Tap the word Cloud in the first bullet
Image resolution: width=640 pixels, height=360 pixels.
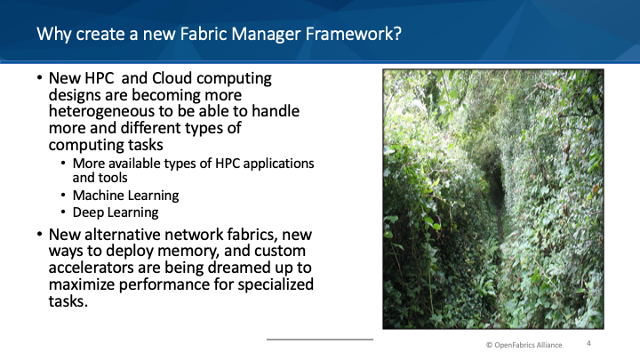pyautogui.click(x=172, y=78)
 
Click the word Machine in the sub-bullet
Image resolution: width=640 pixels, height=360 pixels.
pyautogui.click(x=95, y=196)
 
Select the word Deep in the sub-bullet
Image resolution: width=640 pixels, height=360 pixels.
pyautogui.click(x=87, y=212)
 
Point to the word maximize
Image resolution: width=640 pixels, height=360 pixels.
pyautogui.click(x=82, y=284)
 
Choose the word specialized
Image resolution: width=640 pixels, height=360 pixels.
pyautogui.click(x=276, y=284)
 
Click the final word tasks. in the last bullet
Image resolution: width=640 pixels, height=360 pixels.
pyautogui.click(x=68, y=301)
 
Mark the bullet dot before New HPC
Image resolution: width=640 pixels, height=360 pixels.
pyautogui.click(x=40, y=77)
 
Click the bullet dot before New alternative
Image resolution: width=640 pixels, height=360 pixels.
pyautogui.click(x=40, y=235)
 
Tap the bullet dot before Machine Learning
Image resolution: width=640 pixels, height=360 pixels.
pyautogui.click(x=63, y=195)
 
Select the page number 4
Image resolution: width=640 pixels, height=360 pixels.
pyautogui.click(x=588, y=343)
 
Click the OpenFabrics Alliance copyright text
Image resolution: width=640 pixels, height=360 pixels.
pyautogui.click(x=524, y=345)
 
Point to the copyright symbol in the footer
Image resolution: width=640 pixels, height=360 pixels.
pyautogui.click(x=489, y=345)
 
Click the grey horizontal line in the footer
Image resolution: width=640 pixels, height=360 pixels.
pyautogui.click(x=320, y=340)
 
